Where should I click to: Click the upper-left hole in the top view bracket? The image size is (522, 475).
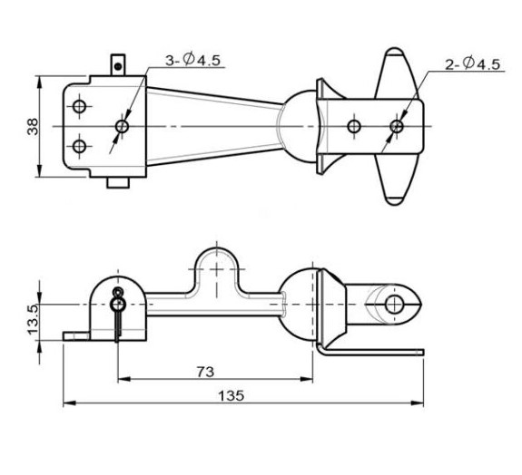[80, 108]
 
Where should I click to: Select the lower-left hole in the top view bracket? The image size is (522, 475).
[80, 146]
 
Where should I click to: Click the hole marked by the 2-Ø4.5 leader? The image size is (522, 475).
[396, 127]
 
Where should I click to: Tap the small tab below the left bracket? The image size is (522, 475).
[118, 183]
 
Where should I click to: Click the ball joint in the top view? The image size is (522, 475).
[297, 127]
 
